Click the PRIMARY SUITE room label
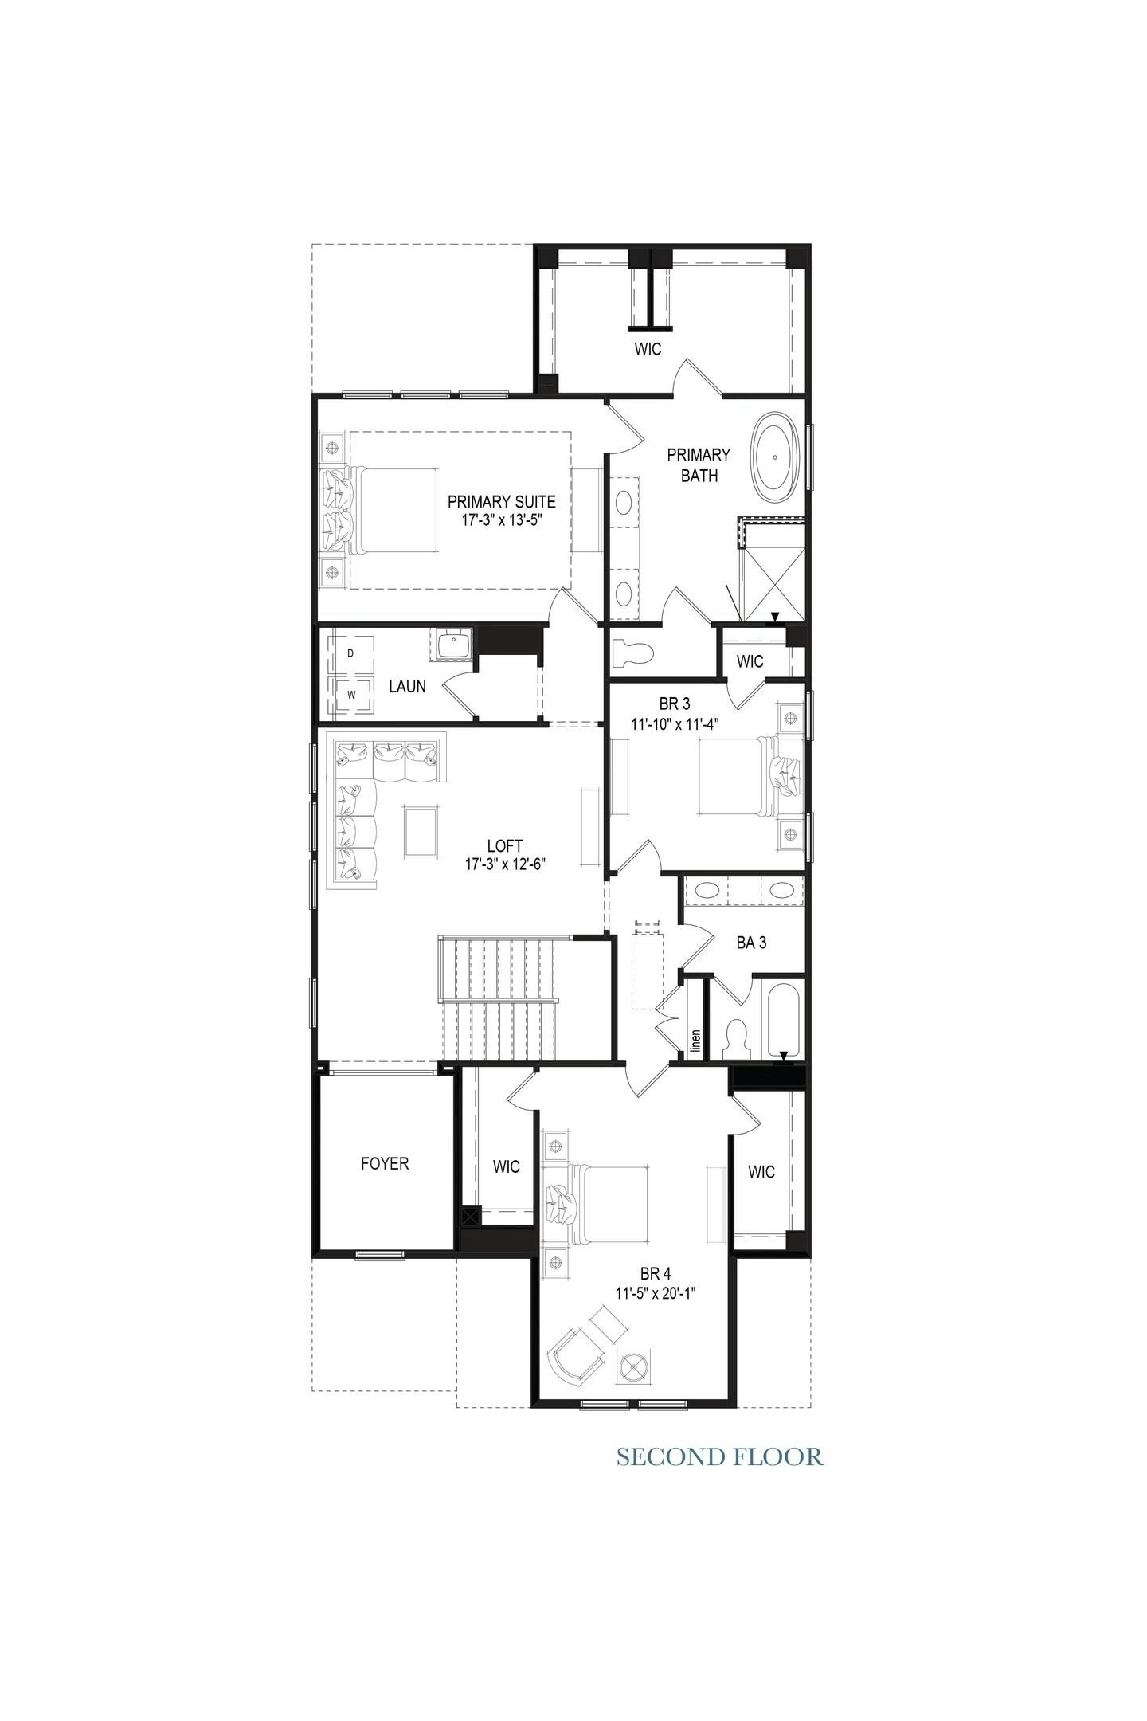point(501,502)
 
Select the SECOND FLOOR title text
point(719,1457)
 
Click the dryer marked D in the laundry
point(351,653)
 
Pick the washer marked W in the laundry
point(351,694)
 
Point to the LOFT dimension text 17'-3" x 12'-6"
point(504,863)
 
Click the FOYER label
point(385,1164)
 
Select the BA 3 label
point(751,943)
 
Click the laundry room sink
point(452,644)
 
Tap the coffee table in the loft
point(420,831)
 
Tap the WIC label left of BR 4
point(506,1167)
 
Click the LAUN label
point(407,686)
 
